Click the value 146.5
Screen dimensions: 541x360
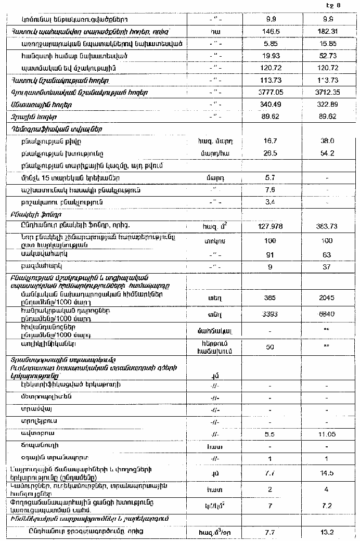(266, 31)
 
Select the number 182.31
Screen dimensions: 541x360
(327, 31)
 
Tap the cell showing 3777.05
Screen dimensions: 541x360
(266, 92)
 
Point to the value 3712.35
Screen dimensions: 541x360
(327, 92)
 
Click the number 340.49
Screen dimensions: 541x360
(266, 105)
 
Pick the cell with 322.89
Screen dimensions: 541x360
(327, 105)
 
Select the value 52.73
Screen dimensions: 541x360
(327, 56)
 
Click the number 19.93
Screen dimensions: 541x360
(266, 56)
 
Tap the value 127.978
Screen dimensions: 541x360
(266, 226)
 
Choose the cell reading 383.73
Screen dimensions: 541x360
(327, 226)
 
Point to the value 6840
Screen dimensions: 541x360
(327, 314)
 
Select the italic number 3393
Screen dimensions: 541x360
(266, 314)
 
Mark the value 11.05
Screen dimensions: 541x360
(327, 433)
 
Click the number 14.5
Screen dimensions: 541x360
(327, 473)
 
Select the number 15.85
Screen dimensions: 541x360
(327, 43)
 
